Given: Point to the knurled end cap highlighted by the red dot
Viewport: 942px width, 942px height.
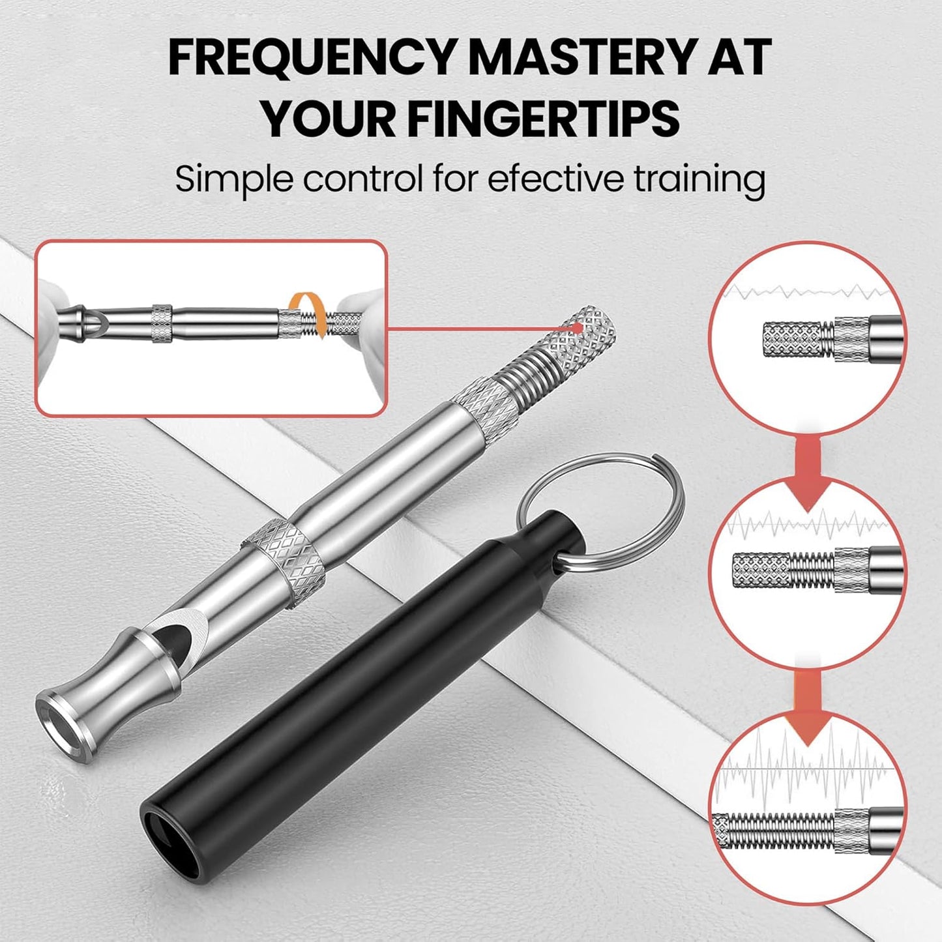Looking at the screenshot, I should pyautogui.click(x=584, y=335).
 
